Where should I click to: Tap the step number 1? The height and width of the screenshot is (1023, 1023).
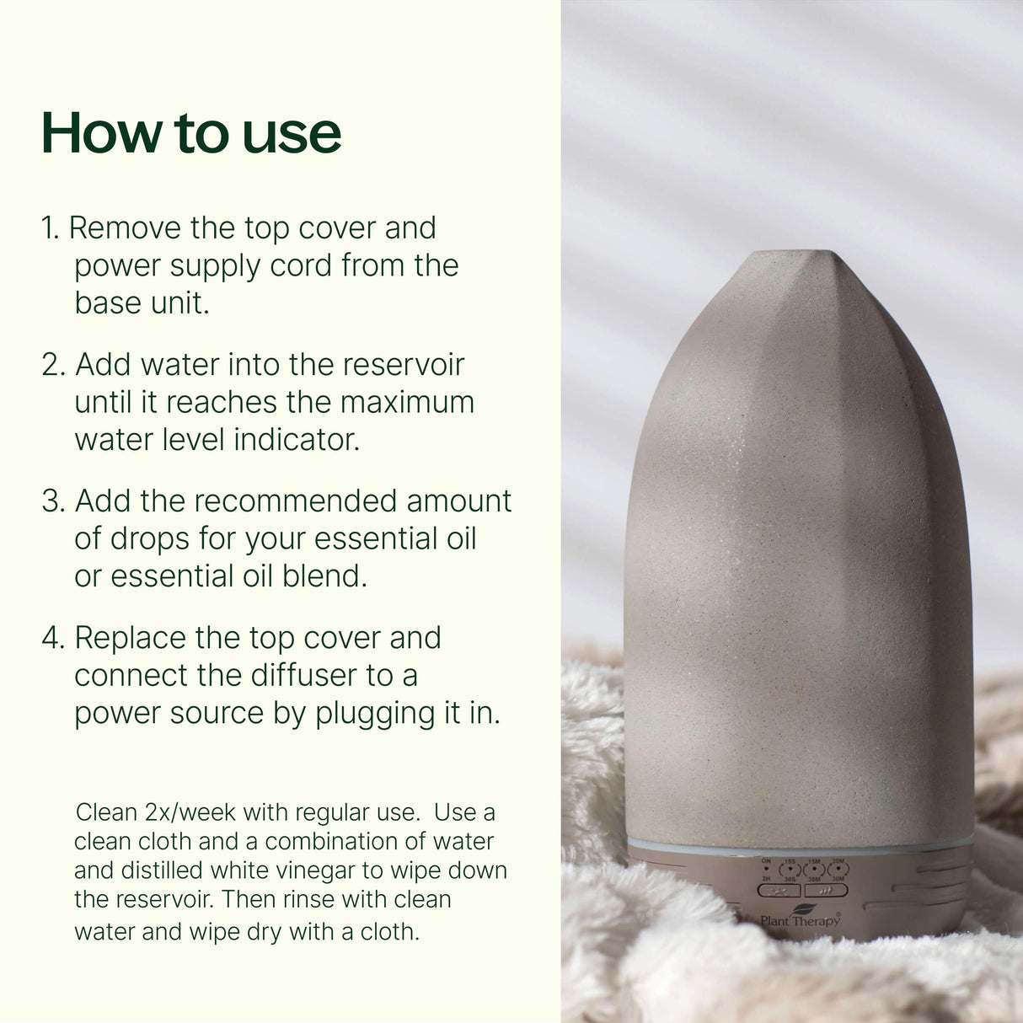[50, 228]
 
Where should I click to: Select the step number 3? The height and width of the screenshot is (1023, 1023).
[52, 501]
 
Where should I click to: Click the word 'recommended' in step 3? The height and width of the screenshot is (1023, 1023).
[296, 501]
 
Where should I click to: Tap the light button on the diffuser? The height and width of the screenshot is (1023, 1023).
[779, 889]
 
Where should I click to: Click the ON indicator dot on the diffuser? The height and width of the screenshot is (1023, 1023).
[766, 869]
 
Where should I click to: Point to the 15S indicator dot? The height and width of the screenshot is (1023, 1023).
[790, 869]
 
